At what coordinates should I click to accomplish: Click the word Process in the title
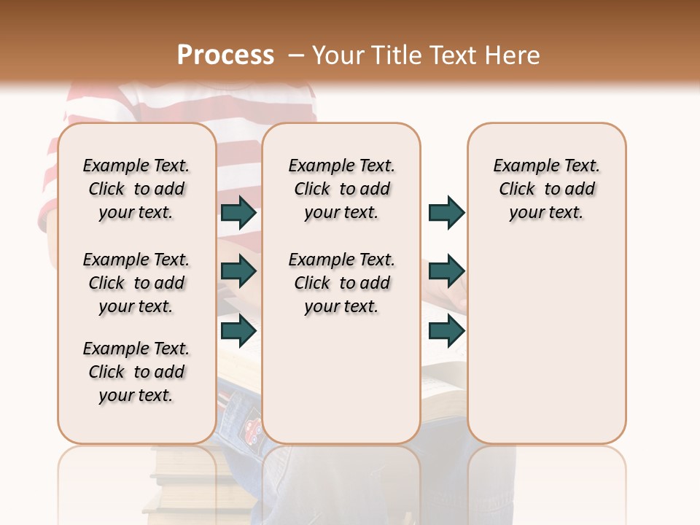[x=225, y=55]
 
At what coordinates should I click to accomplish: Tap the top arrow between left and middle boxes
[x=238, y=212]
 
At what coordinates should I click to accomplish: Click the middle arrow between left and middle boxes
[x=238, y=271]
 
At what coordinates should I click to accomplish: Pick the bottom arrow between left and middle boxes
[x=238, y=330]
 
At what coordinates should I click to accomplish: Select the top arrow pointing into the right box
[x=446, y=212]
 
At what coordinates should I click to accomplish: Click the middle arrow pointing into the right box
[x=446, y=271]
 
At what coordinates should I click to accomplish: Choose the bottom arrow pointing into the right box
[x=446, y=330]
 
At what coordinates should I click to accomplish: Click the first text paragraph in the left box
[x=136, y=189]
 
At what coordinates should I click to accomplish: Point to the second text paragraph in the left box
[x=136, y=283]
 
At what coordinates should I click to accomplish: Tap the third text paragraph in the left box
[x=136, y=372]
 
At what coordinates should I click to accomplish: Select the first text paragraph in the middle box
[x=341, y=189]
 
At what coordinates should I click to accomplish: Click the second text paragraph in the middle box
[x=341, y=283]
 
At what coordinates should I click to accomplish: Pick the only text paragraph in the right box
[x=546, y=189]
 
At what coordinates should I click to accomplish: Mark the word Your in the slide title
[x=338, y=55]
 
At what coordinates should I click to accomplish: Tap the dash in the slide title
[x=295, y=55]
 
